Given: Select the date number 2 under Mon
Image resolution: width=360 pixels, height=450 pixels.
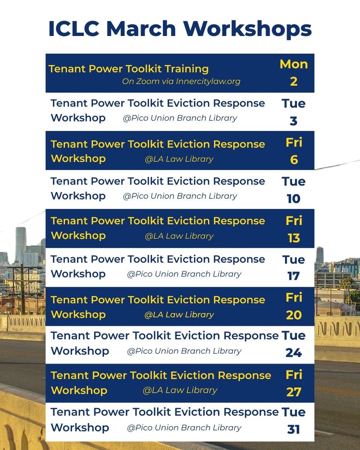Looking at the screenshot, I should coord(294,81).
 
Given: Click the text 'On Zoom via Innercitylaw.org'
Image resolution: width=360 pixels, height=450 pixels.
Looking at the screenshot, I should coord(181,81).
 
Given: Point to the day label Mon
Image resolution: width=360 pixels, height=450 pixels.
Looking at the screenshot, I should coord(294,64).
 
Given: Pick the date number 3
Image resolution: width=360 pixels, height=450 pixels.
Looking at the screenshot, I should coord(294,121).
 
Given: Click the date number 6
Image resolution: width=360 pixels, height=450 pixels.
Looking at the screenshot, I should coord(294,160).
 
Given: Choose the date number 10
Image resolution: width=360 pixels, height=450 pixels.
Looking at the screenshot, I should coord(294,199).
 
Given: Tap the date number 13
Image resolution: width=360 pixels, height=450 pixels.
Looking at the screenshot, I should coord(294,238).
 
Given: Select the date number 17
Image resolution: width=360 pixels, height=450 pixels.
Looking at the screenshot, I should coord(294,276).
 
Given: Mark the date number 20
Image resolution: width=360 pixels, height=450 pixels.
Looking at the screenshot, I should coord(294,315).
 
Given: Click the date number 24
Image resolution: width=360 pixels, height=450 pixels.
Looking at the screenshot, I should coord(294,353).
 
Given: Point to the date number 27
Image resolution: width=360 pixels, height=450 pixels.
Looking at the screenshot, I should coord(294,392).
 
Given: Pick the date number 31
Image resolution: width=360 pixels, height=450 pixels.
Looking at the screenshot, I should coord(294,429).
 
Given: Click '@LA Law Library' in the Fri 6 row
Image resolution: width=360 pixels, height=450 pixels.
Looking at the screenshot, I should coord(179,159).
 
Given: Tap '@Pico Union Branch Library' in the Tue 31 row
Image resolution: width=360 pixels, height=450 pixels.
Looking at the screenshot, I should coord(184,427).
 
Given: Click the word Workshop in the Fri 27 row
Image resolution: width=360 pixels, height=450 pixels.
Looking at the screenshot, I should coord(79,390).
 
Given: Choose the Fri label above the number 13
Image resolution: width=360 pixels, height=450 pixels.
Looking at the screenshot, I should coord(294,220).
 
